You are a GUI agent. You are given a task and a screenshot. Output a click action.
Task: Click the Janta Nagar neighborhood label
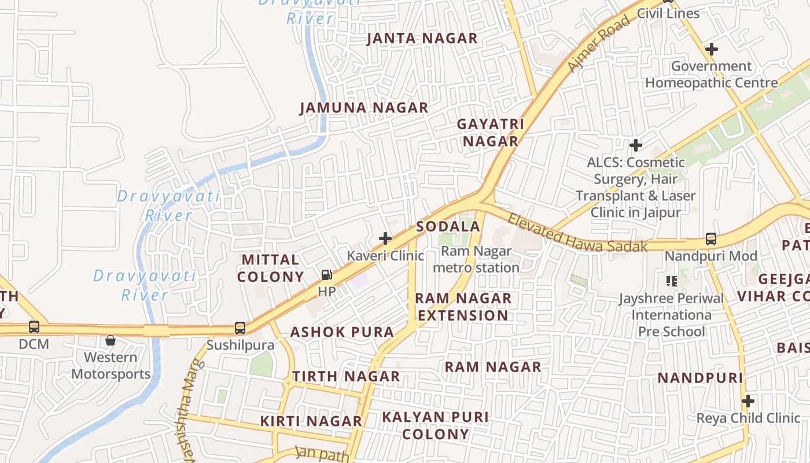(x=422, y=39)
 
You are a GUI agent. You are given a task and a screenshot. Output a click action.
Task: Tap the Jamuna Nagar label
(x=364, y=108)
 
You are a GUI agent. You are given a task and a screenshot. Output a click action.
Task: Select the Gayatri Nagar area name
(x=491, y=133)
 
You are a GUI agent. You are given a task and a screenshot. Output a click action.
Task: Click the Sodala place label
(x=448, y=226)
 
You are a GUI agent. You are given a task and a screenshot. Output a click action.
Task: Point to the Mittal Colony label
(x=271, y=268)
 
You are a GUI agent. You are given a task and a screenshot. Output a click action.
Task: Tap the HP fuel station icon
(x=327, y=275)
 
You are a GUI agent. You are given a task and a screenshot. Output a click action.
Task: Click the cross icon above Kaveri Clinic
(x=385, y=238)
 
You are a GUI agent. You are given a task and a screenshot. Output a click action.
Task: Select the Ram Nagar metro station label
(x=476, y=259)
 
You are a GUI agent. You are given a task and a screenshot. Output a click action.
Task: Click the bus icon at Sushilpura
(x=240, y=328)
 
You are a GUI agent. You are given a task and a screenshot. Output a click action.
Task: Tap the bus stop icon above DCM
(x=34, y=327)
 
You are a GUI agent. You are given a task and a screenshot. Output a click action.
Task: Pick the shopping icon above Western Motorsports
(x=111, y=340)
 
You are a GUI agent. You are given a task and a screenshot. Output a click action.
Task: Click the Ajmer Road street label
(x=598, y=45)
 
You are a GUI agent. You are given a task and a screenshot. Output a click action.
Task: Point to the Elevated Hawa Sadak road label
(x=577, y=233)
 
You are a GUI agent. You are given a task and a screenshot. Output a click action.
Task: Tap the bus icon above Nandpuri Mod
(x=710, y=238)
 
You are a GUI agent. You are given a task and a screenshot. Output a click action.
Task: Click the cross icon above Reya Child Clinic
(x=748, y=400)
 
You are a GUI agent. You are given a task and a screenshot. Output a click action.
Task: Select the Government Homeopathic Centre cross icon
(x=712, y=49)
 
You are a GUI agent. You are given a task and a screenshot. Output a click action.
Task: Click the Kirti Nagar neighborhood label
(x=311, y=421)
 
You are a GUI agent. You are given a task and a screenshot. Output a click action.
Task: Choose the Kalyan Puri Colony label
(x=435, y=425)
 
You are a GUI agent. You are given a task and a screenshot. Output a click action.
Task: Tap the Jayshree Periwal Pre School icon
(x=672, y=281)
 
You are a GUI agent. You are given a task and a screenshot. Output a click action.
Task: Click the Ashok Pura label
(x=342, y=332)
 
